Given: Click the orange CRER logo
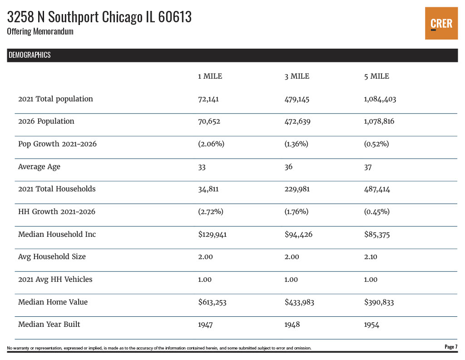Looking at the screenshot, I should pyautogui.click(x=441, y=23).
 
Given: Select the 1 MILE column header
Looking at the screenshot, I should pyautogui.click(x=210, y=76).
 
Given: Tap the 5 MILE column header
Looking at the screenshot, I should pyautogui.click(x=376, y=76).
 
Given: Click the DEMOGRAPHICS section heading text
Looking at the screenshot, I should pyautogui.click(x=30, y=55).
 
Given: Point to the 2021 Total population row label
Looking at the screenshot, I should pyautogui.click(x=55, y=99).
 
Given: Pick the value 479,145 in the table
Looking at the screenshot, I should pyautogui.click(x=297, y=99).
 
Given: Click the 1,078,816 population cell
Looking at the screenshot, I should pyautogui.click(x=380, y=121).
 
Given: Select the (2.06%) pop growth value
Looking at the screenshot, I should pyautogui.click(x=211, y=144).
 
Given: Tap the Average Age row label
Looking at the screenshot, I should pyautogui.click(x=39, y=167).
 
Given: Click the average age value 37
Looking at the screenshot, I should pyautogui.click(x=368, y=167).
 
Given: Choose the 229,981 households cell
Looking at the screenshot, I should pyautogui.click(x=297, y=189).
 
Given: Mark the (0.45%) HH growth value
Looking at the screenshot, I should pyautogui.click(x=377, y=212).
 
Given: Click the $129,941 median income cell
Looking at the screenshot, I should pyautogui.click(x=212, y=235).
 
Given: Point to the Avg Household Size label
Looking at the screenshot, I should pyautogui.click(x=52, y=257).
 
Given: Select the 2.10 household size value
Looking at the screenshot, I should pyautogui.click(x=371, y=257).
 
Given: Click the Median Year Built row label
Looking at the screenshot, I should pyautogui.click(x=49, y=325).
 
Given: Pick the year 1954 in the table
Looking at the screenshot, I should pyautogui.click(x=371, y=325).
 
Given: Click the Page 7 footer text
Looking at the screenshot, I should pyautogui.click(x=450, y=347).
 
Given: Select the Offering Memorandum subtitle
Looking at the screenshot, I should pyautogui.click(x=40, y=32).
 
